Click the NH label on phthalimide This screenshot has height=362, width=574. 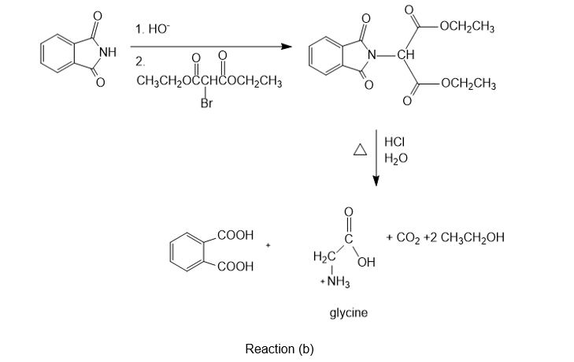click(x=108, y=52)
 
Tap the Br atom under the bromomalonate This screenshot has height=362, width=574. click(x=206, y=103)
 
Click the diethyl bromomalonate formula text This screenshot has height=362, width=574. click(x=209, y=81)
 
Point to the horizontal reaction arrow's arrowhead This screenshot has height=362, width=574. click(x=287, y=47)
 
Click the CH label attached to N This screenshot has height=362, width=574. click(x=406, y=55)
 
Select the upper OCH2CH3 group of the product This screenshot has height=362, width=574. click(x=467, y=27)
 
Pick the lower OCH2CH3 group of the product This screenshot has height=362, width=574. click(x=468, y=84)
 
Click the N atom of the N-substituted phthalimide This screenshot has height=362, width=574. click(x=372, y=55)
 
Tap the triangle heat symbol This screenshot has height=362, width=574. click(x=360, y=149)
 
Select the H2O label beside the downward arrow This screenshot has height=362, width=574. click(x=396, y=158)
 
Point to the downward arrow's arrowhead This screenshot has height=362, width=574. click(x=376, y=181)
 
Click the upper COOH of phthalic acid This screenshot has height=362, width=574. click(x=235, y=235)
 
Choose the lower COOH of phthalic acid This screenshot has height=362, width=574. click(x=235, y=267)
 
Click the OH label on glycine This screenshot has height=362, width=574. click(x=367, y=263)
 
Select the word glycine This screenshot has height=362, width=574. click(x=349, y=313)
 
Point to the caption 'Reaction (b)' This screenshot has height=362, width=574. click(x=280, y=349)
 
